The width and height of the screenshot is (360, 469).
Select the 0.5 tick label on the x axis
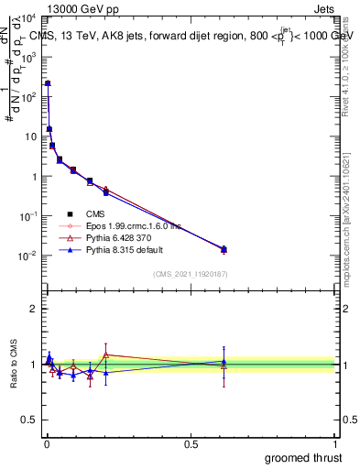tap(191, 443)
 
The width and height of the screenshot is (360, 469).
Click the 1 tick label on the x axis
tap(334, 443)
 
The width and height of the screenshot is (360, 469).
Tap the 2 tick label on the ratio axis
tap(33, 309)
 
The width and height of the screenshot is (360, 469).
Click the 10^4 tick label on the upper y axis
tap(27, 17)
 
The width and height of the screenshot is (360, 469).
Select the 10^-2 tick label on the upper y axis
tap(27, 256)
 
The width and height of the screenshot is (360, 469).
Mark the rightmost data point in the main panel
tap(224, 249)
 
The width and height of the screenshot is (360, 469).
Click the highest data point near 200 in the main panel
tap(48, 83)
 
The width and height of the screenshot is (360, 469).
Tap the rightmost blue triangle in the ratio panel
tap(224, 362)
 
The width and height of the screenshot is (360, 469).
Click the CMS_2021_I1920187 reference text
tap(189, 273)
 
